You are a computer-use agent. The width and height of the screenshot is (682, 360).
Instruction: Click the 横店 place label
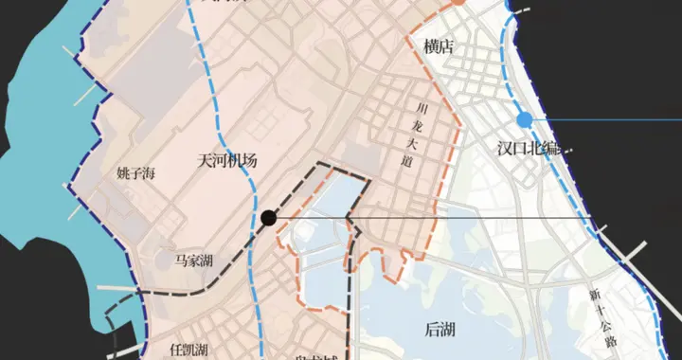click(x=439, y=46)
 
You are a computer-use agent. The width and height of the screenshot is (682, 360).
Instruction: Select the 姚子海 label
click(x=135, y=173)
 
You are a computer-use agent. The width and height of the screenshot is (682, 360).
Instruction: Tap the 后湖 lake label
click(x=441, y=329)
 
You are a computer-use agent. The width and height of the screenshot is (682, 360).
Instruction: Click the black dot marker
click(x=269, y=218)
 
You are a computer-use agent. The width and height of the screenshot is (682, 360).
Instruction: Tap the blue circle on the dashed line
click(x=525, y=119)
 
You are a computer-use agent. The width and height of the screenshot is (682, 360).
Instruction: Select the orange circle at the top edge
click(x=457, y=3)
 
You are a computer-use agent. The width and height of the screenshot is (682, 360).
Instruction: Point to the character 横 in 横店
click(x=431, y=46)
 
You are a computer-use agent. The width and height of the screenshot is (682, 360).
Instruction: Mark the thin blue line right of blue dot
click(x=606, y=119)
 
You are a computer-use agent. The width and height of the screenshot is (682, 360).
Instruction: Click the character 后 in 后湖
click(x=433, y=329)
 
